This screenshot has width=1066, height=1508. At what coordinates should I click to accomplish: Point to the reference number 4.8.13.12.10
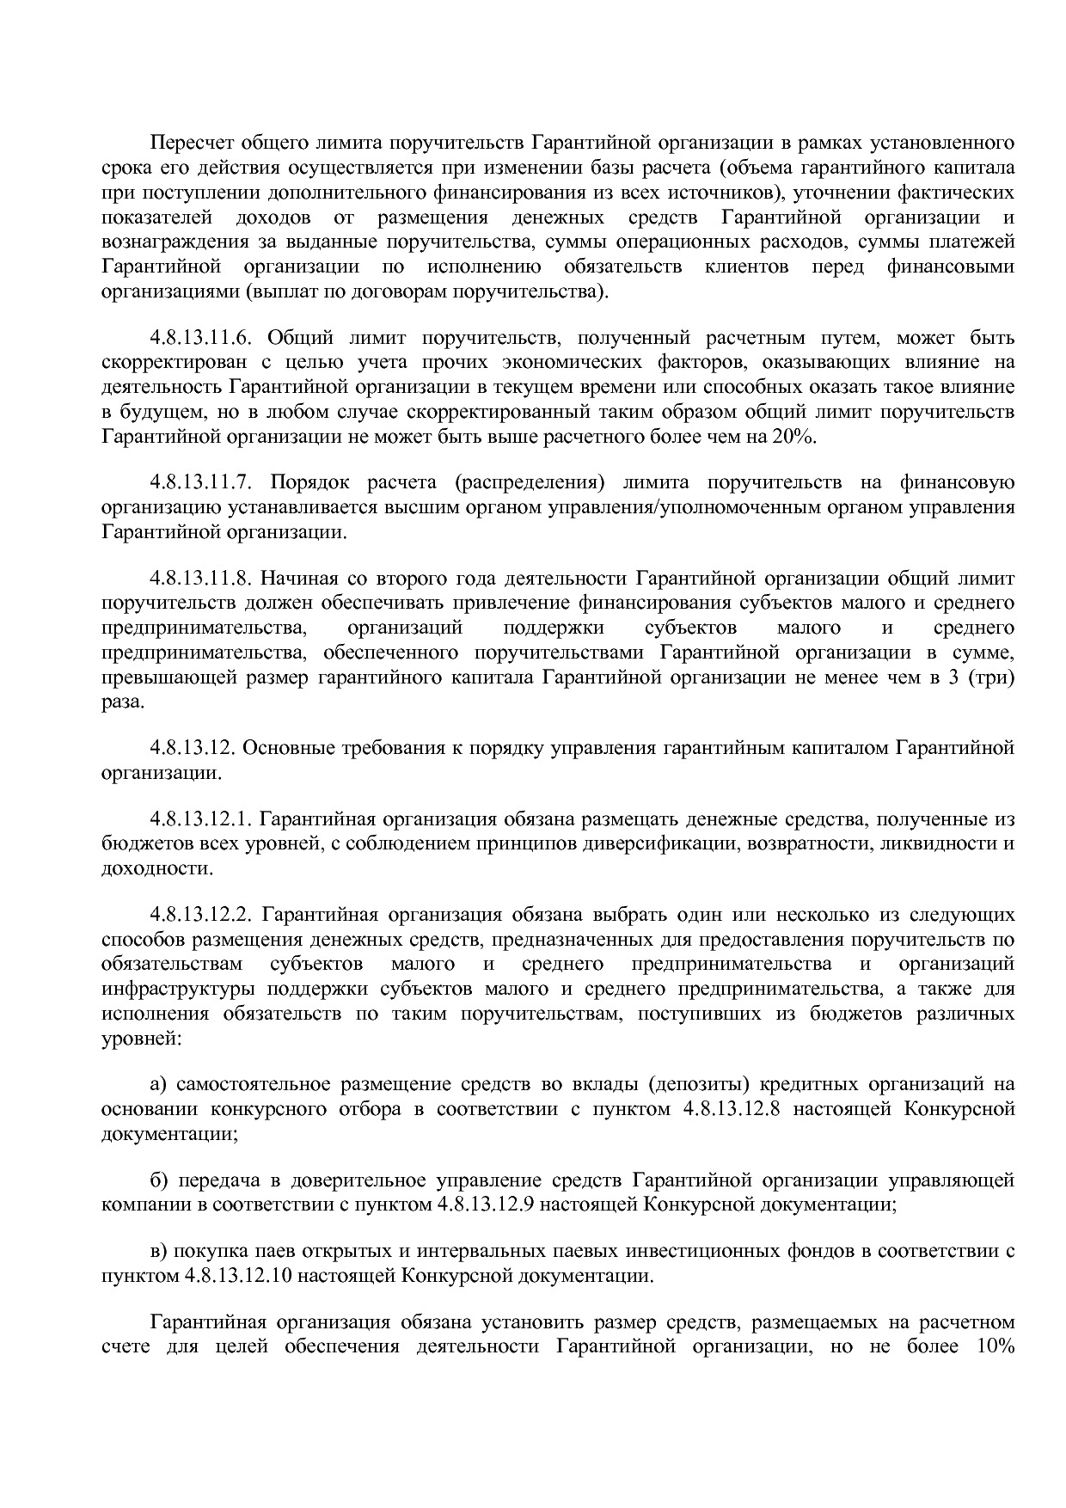[239, 1275]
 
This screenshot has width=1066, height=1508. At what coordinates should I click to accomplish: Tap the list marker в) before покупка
[159, 1251]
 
